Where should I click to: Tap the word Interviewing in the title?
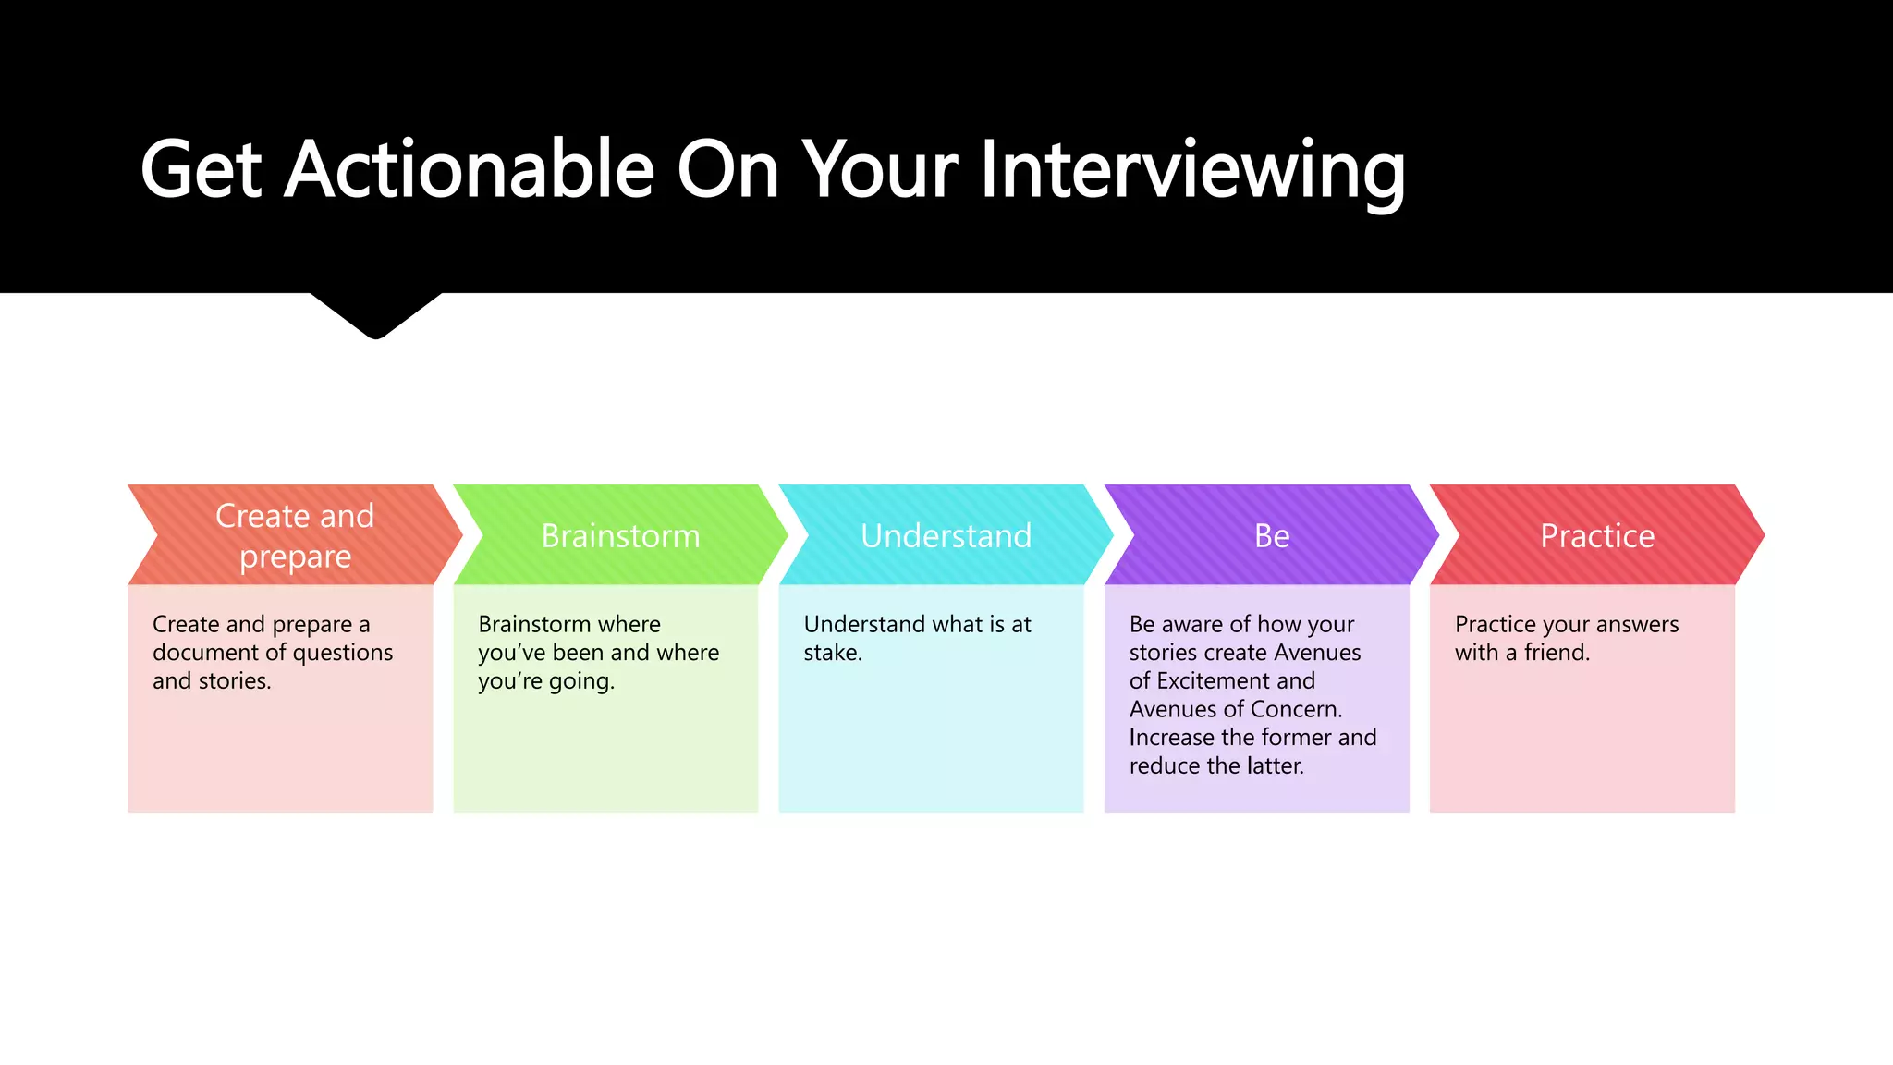[x=1192, y=171]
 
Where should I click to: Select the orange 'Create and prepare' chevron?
[x=295, y=535]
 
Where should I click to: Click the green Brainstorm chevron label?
[x=620, y=536]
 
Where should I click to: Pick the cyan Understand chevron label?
[x=946, y=536]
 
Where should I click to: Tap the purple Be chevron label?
[x=1272, y=536]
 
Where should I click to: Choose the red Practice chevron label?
[x=1597, y=536]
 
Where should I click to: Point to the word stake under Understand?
[x=831, y=653]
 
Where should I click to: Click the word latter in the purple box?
[x=1275, y=766]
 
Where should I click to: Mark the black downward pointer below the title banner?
[x=375, y=314]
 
